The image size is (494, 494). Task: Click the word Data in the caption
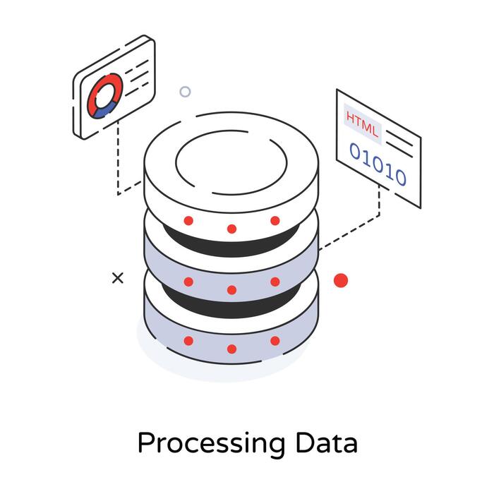pos(327,442)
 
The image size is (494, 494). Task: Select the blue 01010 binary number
pos(378,164)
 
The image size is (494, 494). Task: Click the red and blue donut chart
pos(104,96)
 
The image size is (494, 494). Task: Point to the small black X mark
pos(118,278)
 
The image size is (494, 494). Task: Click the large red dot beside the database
pos(341,280)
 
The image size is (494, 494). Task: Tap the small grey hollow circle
pos(185,92)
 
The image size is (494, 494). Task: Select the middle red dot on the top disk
pos(231,229)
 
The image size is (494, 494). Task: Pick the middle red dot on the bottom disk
pos(231,349)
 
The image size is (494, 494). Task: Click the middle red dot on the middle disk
pos(231,289)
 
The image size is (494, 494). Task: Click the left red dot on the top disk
pos(188,220)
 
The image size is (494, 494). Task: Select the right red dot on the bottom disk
pos(275,340)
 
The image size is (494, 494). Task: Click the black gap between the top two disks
pos(231,247)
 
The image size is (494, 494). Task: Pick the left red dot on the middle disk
pos(188,281)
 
